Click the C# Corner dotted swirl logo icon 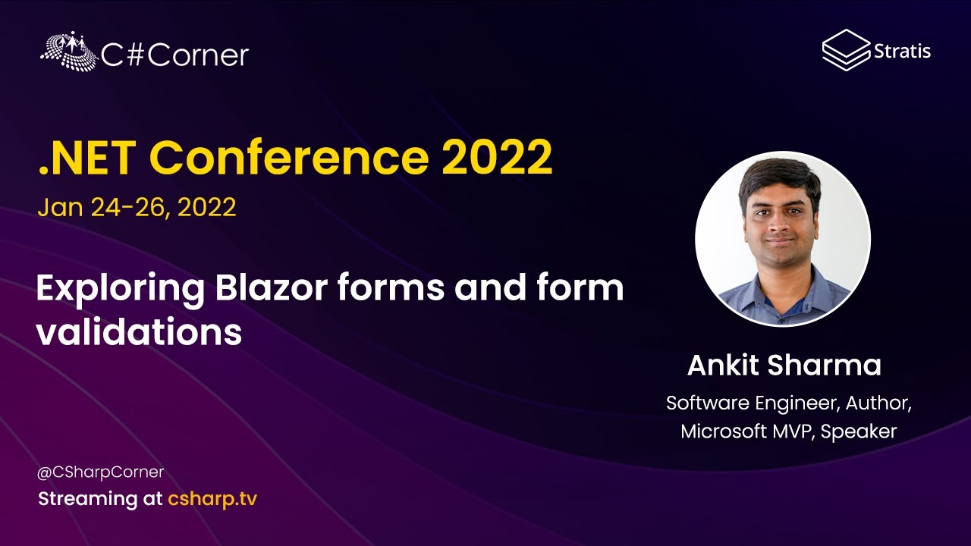(x=69, y=51)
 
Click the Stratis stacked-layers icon (x=846, y=50)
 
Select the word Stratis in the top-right (x=903, y=52)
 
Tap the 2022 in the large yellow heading (x=497, y=157)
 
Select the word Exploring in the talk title (x=121, y=290)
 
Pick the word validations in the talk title (x=139, y=331)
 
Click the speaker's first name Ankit (x=723, y=365)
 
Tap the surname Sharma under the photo (x=825, y=365)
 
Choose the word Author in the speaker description (x=878, y=403)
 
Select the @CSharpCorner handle (x=101, y=472)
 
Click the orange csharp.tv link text (x=212, y=499)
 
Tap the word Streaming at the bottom (x=88, y=499)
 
